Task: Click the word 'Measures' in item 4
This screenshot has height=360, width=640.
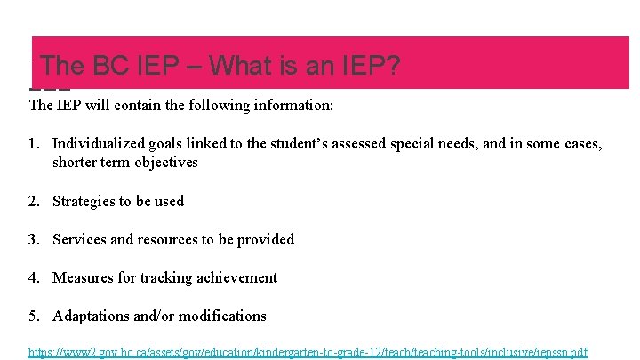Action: [x=83, y=277]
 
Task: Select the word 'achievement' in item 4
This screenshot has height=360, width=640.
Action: [x=236, y=277]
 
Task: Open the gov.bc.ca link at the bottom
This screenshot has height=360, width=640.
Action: [x=308, y=352]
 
